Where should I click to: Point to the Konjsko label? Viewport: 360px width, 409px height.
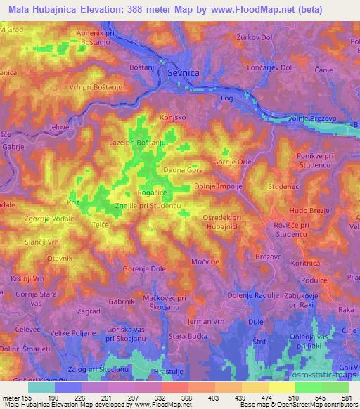tap(172, 117)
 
